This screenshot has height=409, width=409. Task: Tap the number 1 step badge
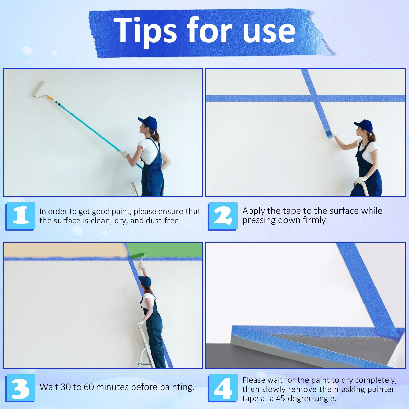pos(20,216)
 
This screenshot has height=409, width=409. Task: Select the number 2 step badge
pos(223,216)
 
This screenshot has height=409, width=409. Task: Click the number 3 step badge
pos(20,388)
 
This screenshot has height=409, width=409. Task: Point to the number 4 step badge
pos(223,388)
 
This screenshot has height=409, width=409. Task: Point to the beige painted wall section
pos(65,250)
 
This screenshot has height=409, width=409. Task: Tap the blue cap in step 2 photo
pos(363,127)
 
